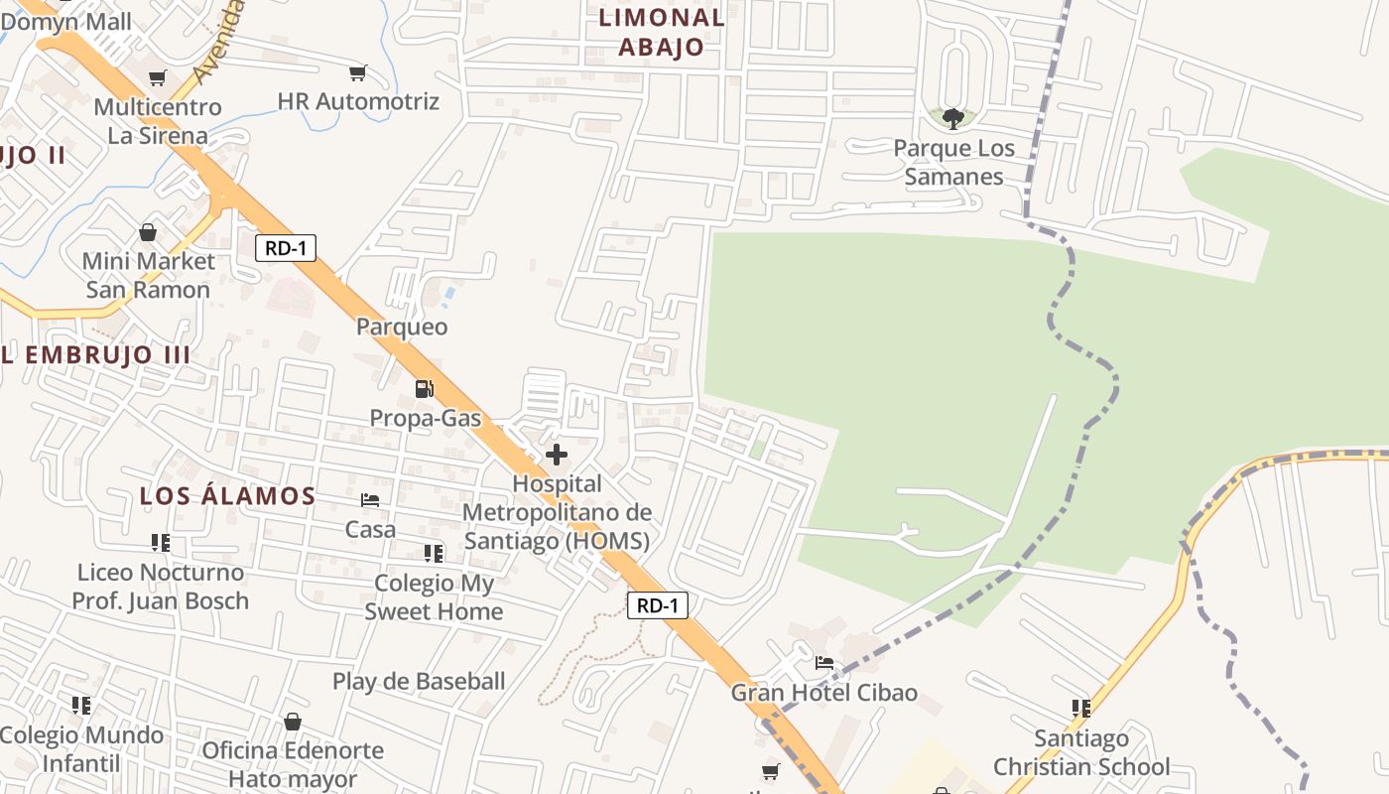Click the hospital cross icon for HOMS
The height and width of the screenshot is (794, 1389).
(x=557, y=455)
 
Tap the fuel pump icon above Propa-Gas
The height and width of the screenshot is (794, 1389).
(x=424, y=389)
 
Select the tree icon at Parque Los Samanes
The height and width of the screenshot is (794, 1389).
(x=952, y=119)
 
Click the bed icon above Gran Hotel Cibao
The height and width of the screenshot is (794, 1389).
(x=824, y=663)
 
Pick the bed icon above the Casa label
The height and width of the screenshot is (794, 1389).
(x=370, y=500)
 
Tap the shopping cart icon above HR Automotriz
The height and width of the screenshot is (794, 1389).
(x=357, y=72)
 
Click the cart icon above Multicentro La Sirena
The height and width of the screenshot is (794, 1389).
(x=157, y=77)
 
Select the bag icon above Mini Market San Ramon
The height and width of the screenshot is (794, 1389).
(x=148, y=232)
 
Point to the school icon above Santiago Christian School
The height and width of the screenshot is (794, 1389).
(x=1080, y=709)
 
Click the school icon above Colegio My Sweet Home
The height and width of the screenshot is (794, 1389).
(x=434, y=553)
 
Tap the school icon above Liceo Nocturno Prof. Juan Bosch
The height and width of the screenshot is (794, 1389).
(x=160, y=543)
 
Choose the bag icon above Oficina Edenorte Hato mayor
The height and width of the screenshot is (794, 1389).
(x=292, y=722)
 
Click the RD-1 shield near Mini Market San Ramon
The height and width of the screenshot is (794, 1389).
(x=286, y=248)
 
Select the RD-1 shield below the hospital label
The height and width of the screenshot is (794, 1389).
(x=657, y=605)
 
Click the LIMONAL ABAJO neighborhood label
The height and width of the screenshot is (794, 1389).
(x=662, y=32)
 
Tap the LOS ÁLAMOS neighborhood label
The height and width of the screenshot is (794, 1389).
(x=227, y=496)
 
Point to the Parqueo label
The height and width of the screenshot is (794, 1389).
(x=402, y=327)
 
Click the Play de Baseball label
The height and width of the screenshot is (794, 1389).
(x=419, y=682)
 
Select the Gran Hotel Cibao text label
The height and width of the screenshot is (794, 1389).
(x=824, y=693)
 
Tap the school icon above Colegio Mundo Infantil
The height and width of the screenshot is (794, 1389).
(x=81, y=706)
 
